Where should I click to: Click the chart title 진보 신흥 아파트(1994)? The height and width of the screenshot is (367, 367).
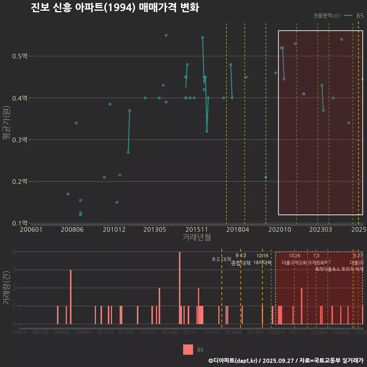(115, 8)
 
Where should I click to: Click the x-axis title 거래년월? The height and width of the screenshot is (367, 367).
(196, 237)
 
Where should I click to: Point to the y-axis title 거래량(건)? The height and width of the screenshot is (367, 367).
(6, 288)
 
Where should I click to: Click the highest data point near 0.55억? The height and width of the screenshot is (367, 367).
(166, 35)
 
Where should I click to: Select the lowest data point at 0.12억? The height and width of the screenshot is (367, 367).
(80, 215)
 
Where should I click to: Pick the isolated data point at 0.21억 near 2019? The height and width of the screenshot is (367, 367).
(266, 177)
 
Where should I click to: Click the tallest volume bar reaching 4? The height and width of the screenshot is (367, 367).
(180, 287)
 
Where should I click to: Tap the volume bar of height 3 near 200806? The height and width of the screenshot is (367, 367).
(71, 297)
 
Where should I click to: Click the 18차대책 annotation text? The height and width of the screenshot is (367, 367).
(262, 263)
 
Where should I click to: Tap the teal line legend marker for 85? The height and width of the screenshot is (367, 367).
(348, 16)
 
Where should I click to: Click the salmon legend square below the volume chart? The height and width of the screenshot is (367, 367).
(188, 350)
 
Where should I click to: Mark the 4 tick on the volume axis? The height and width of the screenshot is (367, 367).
(14, 252)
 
